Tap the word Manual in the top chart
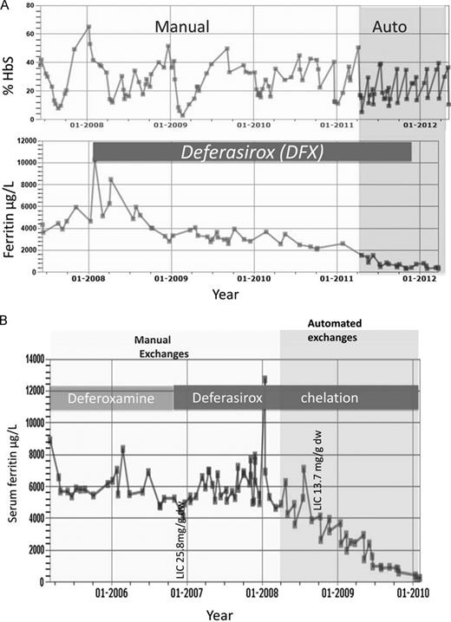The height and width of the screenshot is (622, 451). click(182, 27)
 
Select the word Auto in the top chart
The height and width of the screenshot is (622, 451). click(390, 27)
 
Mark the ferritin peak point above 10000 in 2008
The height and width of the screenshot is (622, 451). click(95, 161)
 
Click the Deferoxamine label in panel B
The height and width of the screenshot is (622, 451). click(112, 399)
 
